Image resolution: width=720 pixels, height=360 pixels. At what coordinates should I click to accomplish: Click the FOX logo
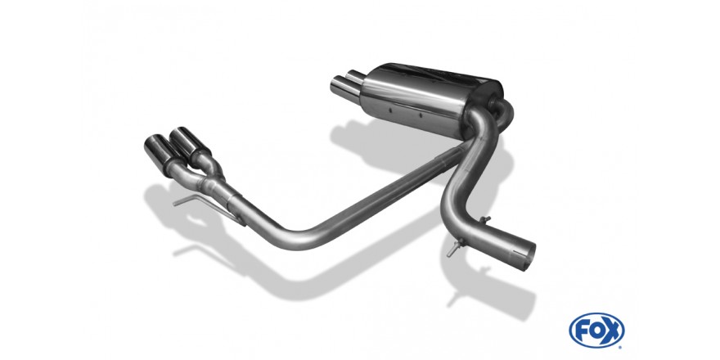point(596,331)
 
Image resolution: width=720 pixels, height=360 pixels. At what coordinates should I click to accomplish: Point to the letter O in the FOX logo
point(596,331)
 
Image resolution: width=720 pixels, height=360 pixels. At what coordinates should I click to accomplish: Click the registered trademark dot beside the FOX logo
point(621,346)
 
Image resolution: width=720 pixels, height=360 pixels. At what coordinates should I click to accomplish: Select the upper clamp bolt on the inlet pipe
point(484,220)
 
